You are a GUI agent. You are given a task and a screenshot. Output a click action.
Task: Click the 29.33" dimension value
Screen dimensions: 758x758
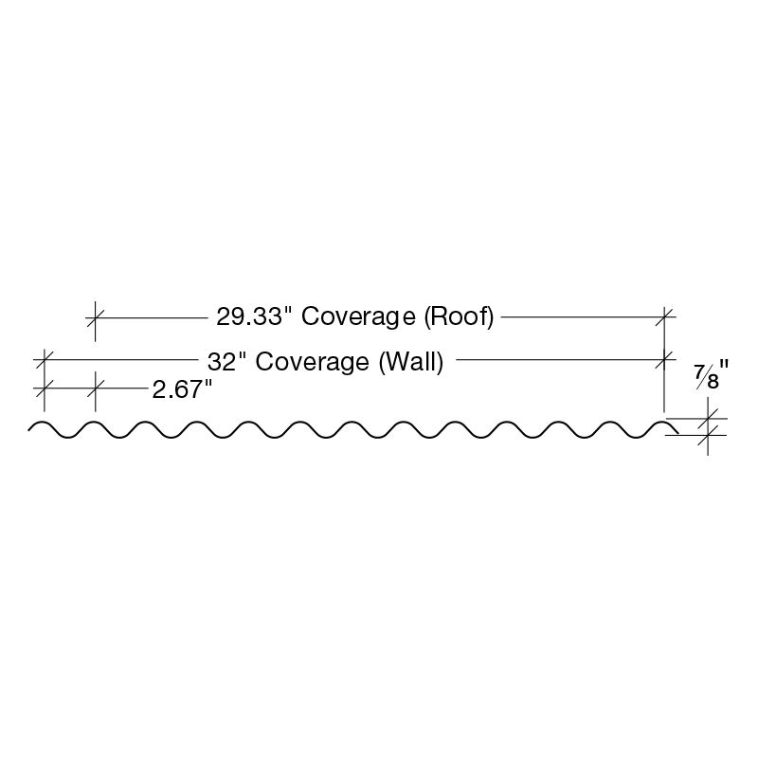tap(244, 316)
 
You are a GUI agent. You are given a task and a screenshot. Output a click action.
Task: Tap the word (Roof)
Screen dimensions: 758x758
tap(460, 316)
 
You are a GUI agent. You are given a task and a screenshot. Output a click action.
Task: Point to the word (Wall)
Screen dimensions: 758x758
tap(411, 361)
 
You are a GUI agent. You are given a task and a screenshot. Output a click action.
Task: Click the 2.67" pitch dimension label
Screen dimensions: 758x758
tap(181, 388)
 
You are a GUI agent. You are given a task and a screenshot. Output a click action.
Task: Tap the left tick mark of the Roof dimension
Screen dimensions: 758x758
tap(95, 316)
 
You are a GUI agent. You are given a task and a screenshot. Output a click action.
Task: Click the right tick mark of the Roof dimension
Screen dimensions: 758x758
tap(666, 316)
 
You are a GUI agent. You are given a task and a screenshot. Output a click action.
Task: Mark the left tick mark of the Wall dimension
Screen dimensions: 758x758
tap(44, 360)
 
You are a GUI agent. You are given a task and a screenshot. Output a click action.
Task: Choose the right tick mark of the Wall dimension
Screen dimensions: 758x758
tap(666, 360)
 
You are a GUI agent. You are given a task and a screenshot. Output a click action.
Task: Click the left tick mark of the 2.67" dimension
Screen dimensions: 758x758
tap(44, 387)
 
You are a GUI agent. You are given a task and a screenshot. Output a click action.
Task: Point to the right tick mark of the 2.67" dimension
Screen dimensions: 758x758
tap(95, 387)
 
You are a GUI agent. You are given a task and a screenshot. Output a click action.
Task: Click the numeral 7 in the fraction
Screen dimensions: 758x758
tap(700, 372)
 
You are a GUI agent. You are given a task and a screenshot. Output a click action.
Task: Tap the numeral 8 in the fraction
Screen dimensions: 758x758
tap(713, 383)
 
